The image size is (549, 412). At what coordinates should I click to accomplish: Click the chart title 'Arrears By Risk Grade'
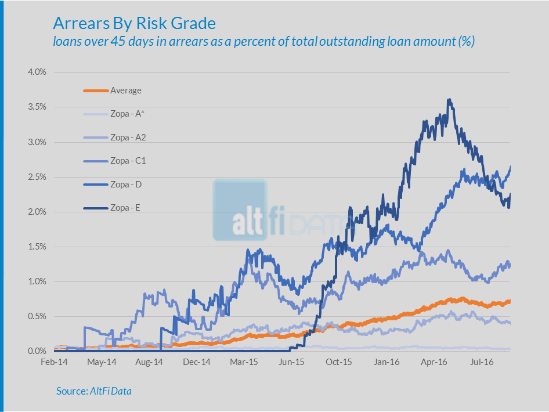134,23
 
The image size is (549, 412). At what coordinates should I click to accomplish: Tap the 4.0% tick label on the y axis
37,73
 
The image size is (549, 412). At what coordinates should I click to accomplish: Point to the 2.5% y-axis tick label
37,177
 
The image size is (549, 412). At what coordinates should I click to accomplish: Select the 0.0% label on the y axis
37,351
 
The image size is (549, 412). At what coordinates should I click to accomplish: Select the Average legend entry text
126,91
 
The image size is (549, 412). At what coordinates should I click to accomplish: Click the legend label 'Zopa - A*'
127,114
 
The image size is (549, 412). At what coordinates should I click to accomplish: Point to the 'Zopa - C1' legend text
128,161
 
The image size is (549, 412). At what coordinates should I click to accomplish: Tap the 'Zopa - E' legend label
125,207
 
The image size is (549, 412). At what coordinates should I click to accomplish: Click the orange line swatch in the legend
96,91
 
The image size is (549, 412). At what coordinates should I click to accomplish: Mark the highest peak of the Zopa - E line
449,100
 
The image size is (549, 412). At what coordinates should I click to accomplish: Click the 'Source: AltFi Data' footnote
94,391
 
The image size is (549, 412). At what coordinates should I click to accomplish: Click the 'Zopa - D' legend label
126,184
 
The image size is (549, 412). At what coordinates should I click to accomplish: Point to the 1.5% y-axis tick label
37,247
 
